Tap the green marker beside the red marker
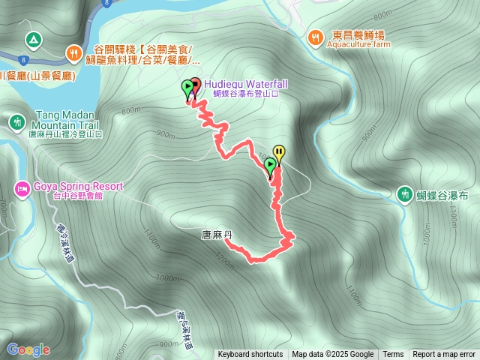click(x=187, y=88)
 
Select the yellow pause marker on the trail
click(x=279, y=153)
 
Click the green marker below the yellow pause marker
click(x=270, y=166)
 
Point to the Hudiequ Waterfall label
click(x=245, y=84)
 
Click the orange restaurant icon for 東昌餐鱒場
click(x=316, y=34)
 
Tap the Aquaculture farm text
click(x=359, y=44)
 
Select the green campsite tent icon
click(x=32, y=38)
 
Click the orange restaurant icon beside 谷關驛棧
click(x=73, y=52)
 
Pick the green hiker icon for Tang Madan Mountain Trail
click(x=16, y=121)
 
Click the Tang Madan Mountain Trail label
click(x=67, y=120)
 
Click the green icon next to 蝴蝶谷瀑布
click(x=406, y=195)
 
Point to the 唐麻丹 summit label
click(x=217, y=235)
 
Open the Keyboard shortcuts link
click(x=250, y=355)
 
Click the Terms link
click(x=393, y=355)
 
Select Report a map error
click(x=444, y=355)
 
